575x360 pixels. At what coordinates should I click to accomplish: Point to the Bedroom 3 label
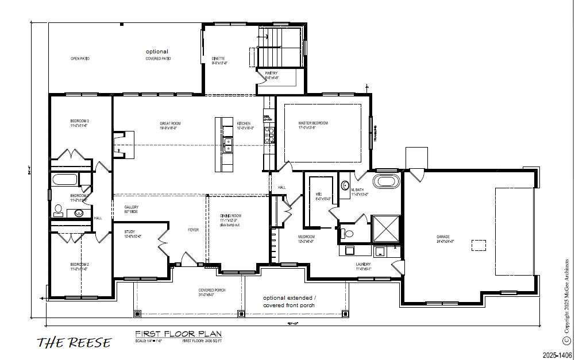click(79, 121)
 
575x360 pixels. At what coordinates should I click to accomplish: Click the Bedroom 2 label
click(79, 265)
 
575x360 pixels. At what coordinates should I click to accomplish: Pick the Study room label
click(130, 232)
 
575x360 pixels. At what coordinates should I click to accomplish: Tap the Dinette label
click(218, 59)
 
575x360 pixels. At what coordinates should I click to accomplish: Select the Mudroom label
click(306, 237)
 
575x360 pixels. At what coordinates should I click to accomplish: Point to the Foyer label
click(193, 230)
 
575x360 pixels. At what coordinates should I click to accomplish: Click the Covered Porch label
click(212, 291)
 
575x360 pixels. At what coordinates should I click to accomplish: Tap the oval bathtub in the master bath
click(385, 183)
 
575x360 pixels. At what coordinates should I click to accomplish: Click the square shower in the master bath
click(385, 229)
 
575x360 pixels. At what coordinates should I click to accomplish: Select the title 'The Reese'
click(74, 343)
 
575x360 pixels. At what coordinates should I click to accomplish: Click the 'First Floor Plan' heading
click(178, 334)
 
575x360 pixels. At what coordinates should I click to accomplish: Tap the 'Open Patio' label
click(80, 59)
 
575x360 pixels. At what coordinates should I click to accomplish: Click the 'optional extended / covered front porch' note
click(290, 301)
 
